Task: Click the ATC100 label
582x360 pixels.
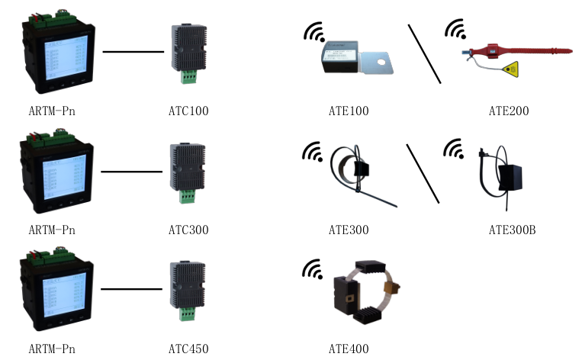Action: [188, 111]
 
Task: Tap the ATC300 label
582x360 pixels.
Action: [188, 230]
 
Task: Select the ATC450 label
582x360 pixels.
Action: [188, 349]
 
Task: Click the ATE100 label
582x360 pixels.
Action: [349, 111]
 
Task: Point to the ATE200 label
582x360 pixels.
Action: [509, 111]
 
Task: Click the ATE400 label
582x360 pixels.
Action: [349, 349]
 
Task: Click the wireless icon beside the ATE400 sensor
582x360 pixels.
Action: [312, 269]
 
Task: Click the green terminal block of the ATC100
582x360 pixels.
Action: [187, 77]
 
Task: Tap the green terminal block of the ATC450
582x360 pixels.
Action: [187, 314]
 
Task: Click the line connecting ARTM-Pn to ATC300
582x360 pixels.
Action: [131, 172]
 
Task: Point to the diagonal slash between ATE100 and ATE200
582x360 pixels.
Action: [424, 53]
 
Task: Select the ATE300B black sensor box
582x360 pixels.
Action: [510, 178]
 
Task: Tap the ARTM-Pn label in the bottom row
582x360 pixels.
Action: [51, 349]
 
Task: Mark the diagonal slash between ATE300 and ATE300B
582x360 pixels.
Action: [423, 173]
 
